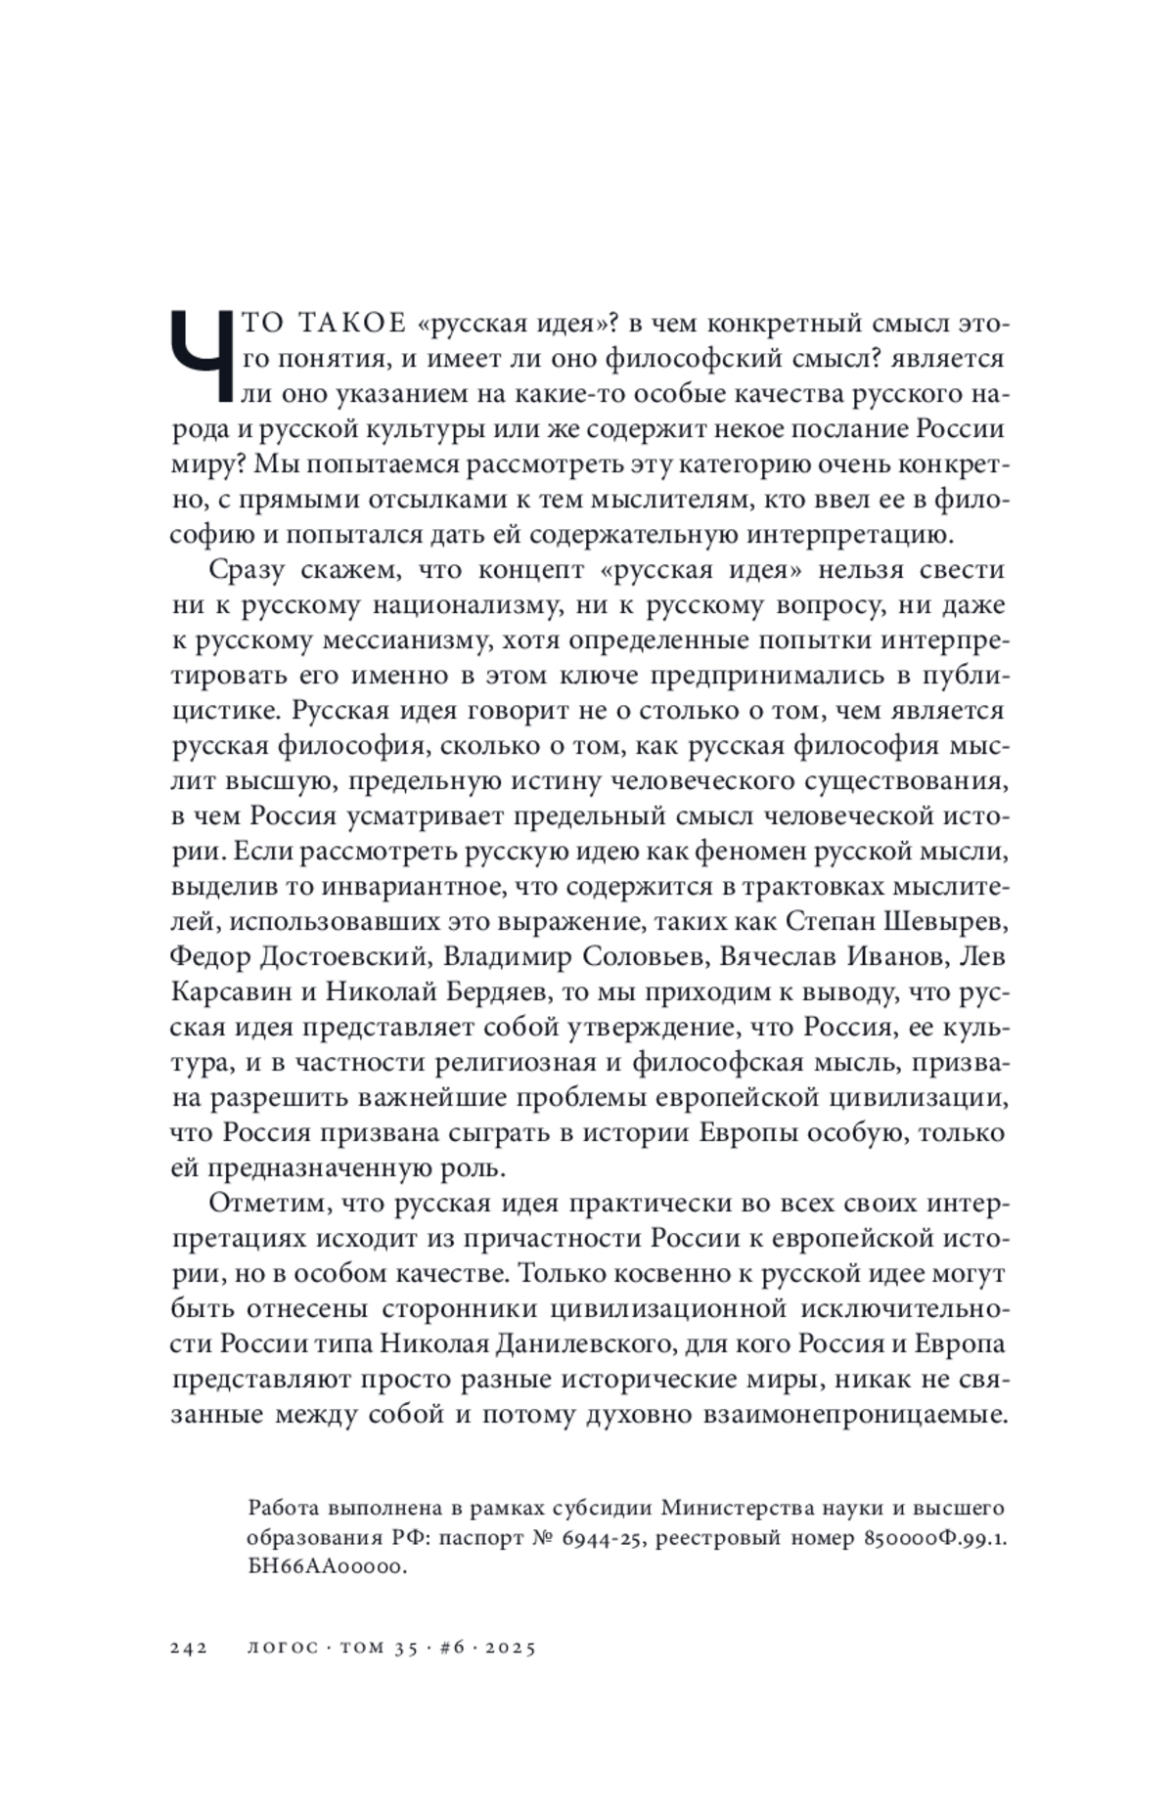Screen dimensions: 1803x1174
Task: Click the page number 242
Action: point(189,1648)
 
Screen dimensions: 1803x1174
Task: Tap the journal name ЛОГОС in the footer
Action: point(284,1648)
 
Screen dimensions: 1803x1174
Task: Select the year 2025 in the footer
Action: point(509,1648)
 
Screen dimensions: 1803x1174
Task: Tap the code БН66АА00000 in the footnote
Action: point(326,1567)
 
